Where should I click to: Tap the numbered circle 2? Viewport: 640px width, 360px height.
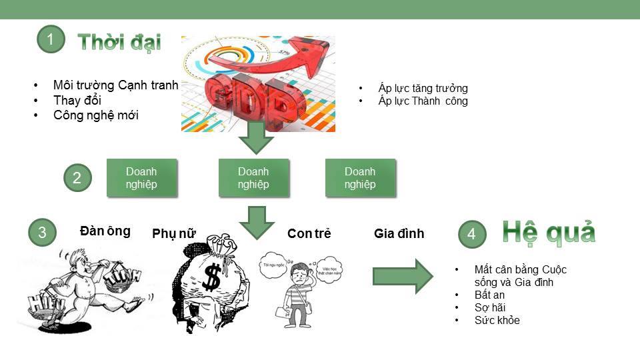(77, 178)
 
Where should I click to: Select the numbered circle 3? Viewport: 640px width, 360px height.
(43, 233)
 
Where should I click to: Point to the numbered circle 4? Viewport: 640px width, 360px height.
(472, 234)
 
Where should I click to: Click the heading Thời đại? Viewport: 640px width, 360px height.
(119, 42)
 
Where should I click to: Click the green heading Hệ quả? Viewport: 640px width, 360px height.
(549, 232)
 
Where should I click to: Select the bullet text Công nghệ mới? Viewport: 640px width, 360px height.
(96, 115)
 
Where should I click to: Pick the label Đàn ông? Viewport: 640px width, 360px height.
(105, 231)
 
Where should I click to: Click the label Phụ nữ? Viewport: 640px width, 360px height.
(174, 233)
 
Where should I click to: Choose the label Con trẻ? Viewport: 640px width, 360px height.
(309, 233)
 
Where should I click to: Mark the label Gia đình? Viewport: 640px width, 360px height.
(399, 233)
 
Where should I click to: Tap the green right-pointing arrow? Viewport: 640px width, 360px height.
(403, 275)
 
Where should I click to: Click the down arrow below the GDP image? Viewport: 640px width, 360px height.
(256, 138)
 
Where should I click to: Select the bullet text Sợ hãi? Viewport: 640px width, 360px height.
(490, 307)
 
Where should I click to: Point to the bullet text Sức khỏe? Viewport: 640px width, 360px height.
(497, 320)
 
